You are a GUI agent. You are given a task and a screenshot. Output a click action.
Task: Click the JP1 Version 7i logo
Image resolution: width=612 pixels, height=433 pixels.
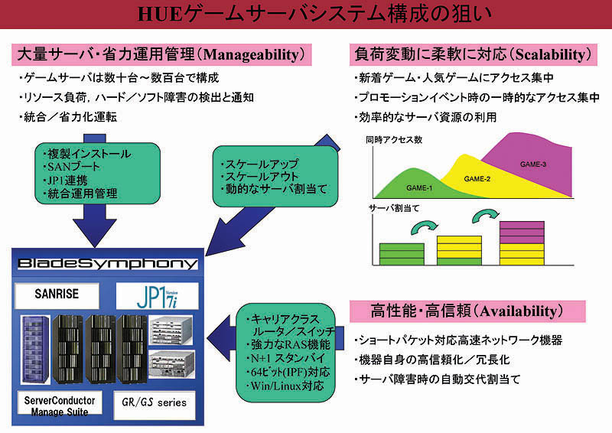158,295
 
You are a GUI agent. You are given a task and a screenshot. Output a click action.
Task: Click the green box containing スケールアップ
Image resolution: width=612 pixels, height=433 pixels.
275,177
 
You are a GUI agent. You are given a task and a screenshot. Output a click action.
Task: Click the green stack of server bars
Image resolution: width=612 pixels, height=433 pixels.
400,252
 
